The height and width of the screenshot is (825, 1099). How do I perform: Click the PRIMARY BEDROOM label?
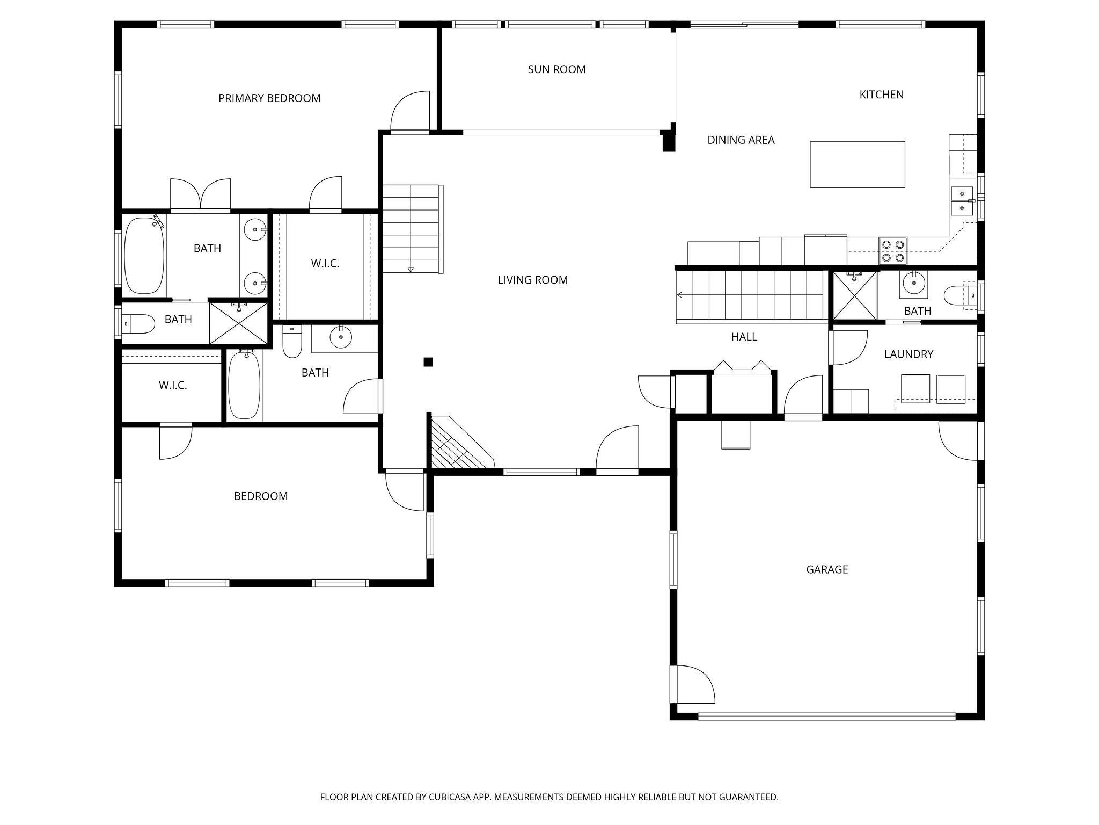click(x=269, y=98)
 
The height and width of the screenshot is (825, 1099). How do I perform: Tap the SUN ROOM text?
click(x=556, y=69)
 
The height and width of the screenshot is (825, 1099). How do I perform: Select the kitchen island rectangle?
click(x=857, y=164)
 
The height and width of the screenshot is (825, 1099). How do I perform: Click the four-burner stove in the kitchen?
click(x=893, y=251)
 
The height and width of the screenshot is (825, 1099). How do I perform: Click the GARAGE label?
click(x=827, y=569)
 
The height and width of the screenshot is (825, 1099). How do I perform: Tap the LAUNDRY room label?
click(x=908, y=354)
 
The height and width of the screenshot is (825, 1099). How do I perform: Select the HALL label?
click(x=744, y=337)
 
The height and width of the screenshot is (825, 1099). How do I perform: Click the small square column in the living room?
click(x=428, y=362)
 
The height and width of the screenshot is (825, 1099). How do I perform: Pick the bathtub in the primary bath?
click(x=144, y=255)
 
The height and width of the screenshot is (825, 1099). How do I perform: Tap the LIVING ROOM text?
click(x=532, y=280)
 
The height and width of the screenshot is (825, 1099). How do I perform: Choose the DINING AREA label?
click(x=741, y=140)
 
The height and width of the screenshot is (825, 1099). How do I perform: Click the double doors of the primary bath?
click(x=200, y=194)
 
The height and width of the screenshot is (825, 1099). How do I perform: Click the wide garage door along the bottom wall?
click(x=826, y=716)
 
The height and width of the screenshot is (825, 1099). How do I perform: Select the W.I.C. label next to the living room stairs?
click(x=325, y=264)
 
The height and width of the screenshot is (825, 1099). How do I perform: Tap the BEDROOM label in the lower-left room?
click(x=261, y=496)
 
